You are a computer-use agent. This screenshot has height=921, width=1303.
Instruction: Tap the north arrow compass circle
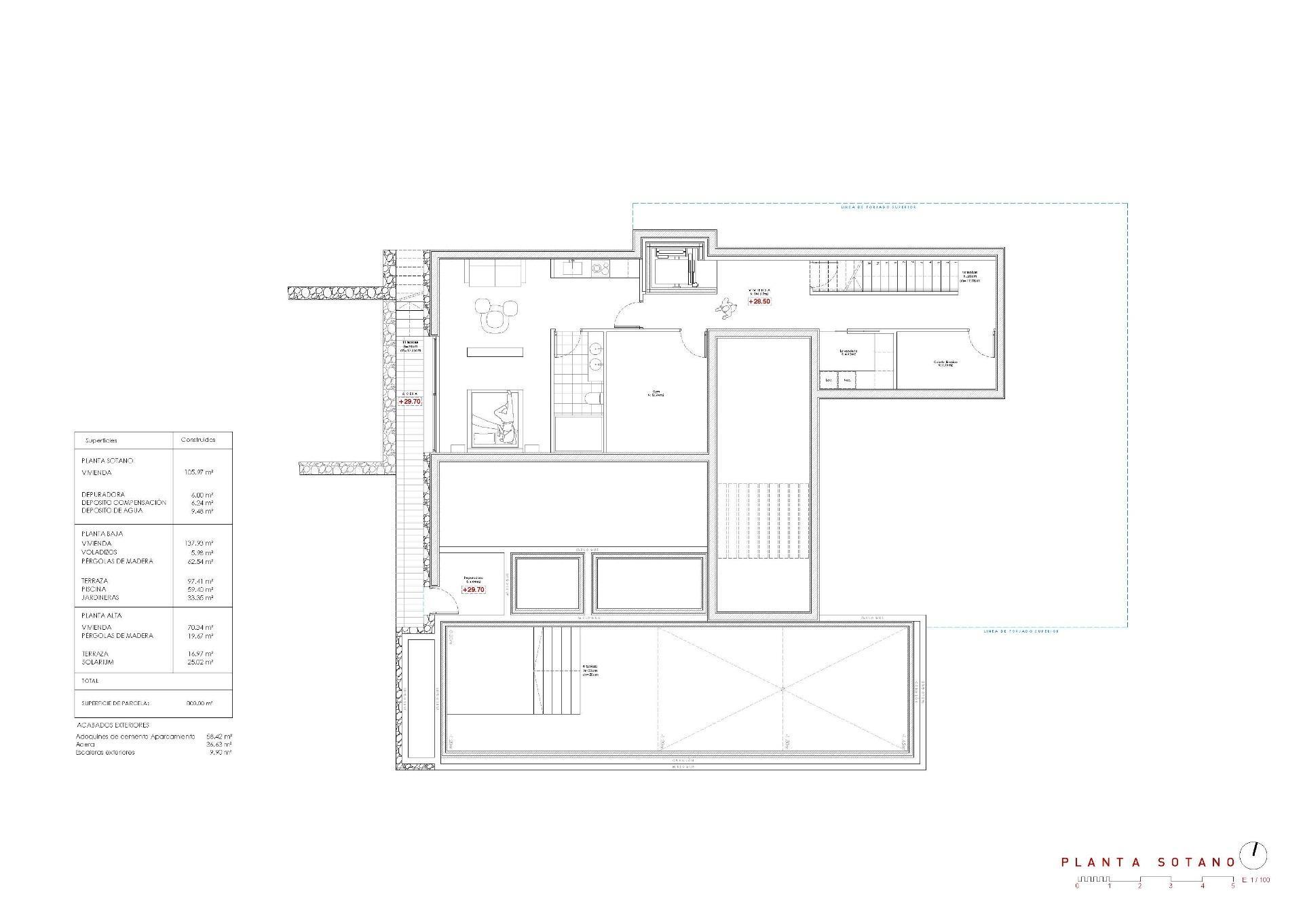pyautogui.click(x=1253, y=857)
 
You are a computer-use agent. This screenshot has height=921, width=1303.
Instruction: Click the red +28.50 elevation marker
pyautogui.click(x=759, y=301)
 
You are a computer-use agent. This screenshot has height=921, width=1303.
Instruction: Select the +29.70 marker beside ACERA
pyautogui.click(x=410, y=402)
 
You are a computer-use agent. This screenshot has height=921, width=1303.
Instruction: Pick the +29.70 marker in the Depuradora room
pyautogui.click(x=473, y=590)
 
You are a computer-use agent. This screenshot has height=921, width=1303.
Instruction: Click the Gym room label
pyautogui.click(x=656, y=393)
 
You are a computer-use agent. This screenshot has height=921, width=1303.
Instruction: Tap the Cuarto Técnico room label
pyautogui.click(x=945, y=363)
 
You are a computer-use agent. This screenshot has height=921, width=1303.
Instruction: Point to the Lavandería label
pyautogui.click(x=848, y=352)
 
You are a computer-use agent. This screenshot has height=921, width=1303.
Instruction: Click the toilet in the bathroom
pyautogui.click(x=593, y=398)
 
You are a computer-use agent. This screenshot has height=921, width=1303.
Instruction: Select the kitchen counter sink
pyautogui.click(x=571, y=269)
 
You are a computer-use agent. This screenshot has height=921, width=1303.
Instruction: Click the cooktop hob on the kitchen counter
pyautogui.click(x=600, y=269)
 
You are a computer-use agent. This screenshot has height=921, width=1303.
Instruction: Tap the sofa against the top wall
pyautogui.click(x=495, y=274)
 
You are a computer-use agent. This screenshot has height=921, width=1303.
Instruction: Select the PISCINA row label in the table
pyautogui.click(x=94, y=589)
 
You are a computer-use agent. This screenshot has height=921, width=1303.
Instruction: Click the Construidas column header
pyautogui.click(x=198, y=440)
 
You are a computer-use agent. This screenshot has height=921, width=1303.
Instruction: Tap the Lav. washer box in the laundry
pyautogui.click(x=829, y=381)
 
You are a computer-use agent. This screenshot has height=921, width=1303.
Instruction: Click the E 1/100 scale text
pyautogui.click(x=1255, y=880)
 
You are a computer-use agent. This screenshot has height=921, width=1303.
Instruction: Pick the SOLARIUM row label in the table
pyautogui.click(x=98, y=662)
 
